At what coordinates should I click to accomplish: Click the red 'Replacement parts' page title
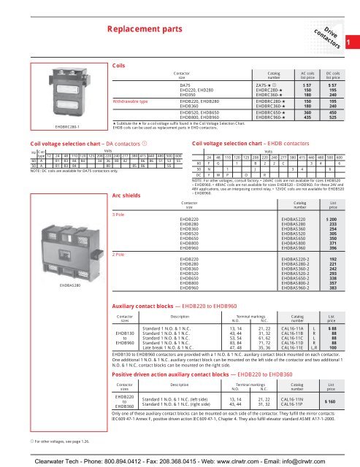(144, 29)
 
